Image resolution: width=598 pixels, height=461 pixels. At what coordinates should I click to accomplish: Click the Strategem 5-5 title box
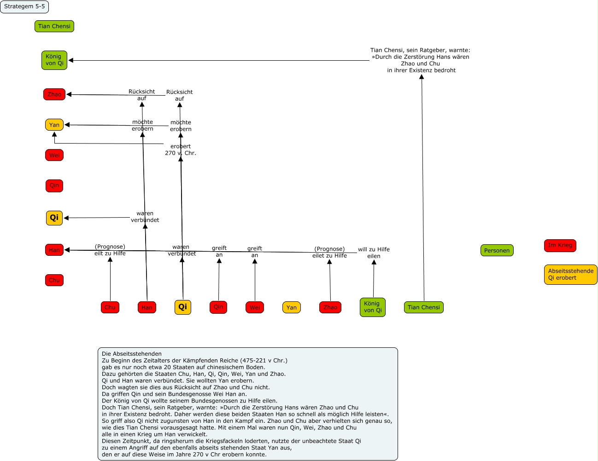(24, 7)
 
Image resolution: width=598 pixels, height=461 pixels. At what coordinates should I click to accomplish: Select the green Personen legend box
(497, 251)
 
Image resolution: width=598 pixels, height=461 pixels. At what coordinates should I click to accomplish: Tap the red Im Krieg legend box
(560, 245)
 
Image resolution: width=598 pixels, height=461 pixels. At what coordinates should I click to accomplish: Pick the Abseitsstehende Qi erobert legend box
(570, 275)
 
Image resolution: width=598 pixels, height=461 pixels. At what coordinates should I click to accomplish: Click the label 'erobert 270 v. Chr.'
(181, 150)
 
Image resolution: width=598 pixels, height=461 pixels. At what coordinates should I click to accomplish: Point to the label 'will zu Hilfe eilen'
(374, 253)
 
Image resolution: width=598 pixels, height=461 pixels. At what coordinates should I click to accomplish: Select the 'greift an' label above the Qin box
(219, 251)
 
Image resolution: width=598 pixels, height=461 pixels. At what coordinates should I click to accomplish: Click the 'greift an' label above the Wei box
(255, 252)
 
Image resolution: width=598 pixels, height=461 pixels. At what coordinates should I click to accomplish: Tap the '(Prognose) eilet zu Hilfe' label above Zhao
(329, 252)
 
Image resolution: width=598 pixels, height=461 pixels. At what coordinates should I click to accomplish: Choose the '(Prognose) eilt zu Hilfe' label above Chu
(110, 250)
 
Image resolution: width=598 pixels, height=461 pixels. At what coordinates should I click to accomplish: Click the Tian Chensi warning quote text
(420, 60)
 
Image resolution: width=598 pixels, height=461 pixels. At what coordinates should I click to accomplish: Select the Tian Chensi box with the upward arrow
(424, 307)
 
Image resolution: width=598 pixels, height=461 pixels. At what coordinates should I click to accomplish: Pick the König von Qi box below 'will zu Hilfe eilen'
(372, 307)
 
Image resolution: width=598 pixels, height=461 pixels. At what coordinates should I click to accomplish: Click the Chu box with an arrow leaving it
(110, 307)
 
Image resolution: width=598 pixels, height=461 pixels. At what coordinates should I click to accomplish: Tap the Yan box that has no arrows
(292, 307)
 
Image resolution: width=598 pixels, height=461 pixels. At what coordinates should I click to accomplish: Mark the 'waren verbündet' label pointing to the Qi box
(145, 217)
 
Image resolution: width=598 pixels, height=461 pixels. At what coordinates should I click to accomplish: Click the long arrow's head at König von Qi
(70, 60)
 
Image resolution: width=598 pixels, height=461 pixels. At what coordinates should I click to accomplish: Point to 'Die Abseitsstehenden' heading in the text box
(132, 354)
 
